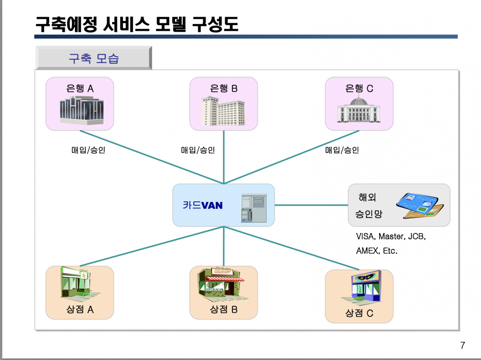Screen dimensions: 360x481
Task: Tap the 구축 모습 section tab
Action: [93, 59]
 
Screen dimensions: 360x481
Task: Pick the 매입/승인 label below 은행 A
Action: [88, 150]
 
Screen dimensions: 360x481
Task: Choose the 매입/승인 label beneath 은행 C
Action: [342, 150]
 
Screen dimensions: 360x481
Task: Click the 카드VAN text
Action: [202, 205]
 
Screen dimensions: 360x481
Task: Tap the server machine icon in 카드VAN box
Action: [254, 208]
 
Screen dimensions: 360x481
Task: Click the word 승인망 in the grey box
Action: [369, 214]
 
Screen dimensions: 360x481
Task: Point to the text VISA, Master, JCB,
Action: [391, 236]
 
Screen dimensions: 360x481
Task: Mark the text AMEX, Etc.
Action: [376, 251]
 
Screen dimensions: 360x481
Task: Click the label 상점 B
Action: [224, 309]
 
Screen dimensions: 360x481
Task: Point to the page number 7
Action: [463, 345]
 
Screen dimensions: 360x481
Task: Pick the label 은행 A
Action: [80, 89]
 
